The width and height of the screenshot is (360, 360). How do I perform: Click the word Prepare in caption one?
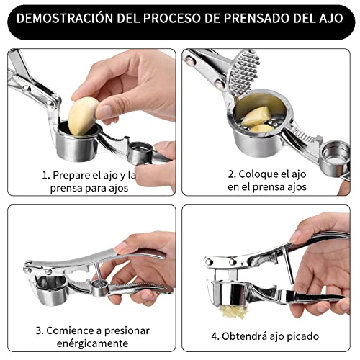(72, 174)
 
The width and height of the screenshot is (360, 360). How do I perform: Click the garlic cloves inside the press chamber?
(258, 117)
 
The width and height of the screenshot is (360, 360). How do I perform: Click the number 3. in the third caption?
(40, 330)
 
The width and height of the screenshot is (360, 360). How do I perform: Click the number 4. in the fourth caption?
(215, 336)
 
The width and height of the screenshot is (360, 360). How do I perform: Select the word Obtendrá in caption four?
(246, 336)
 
